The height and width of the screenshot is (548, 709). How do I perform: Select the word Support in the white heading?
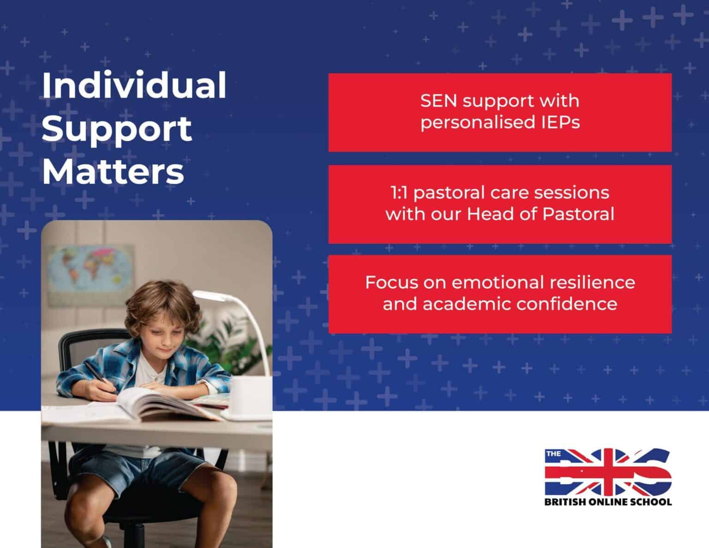(117, 129)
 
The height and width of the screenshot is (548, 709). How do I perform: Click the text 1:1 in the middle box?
(398, 192)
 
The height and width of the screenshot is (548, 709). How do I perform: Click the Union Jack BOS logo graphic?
(608, 471)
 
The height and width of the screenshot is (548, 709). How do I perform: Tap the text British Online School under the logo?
(608, 501)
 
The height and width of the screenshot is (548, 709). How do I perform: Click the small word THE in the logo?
(553, 453)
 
